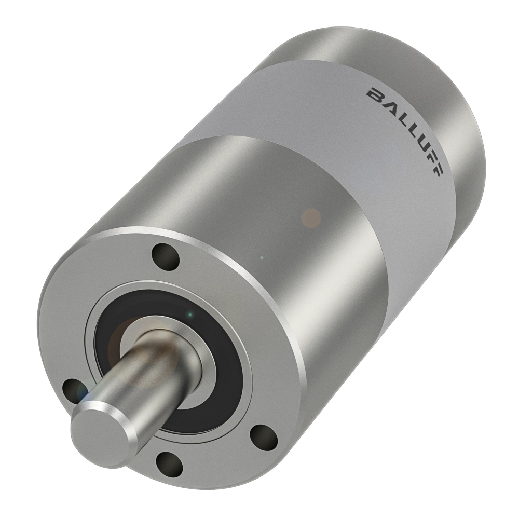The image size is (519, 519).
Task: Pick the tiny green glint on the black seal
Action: (190, 314)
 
